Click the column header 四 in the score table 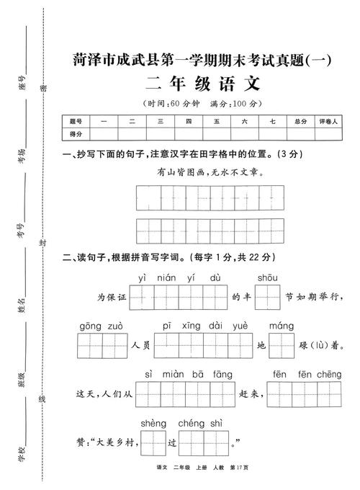[189, 121]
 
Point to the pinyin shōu [267, 277]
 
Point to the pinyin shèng [153, 422]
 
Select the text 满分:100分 [234, 103]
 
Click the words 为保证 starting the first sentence [112, 297]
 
